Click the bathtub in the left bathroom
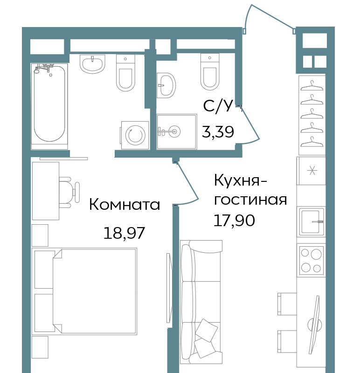49,106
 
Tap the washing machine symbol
135,135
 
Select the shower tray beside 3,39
177,132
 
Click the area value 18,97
124,233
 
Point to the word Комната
125,205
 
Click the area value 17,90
235,220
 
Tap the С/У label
218,106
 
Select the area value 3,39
218,131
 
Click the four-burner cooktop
311,261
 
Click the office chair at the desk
69,192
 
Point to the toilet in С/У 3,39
210,72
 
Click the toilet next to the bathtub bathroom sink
125,73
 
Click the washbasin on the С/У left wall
166,85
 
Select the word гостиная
250,200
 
